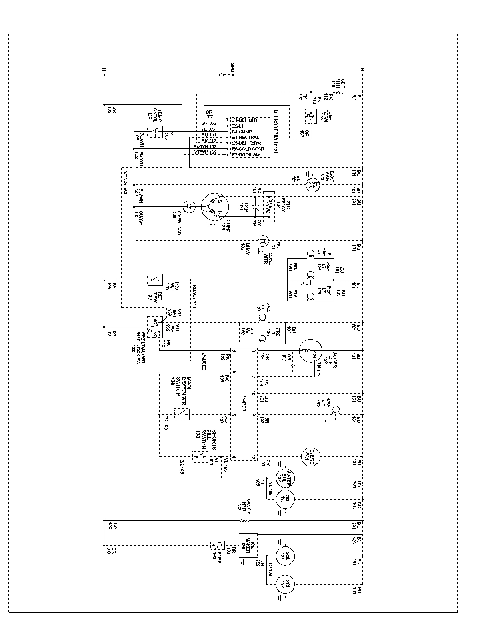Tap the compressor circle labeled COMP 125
[x=214, y=207]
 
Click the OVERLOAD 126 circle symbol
[x=188, y=207]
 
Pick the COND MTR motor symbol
[x=264, y=241]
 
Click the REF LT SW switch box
[x=155, y=280]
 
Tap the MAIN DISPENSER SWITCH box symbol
[x=182, y=414]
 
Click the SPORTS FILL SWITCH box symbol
[x=200, y=456]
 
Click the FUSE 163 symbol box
[x=218, y=545]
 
